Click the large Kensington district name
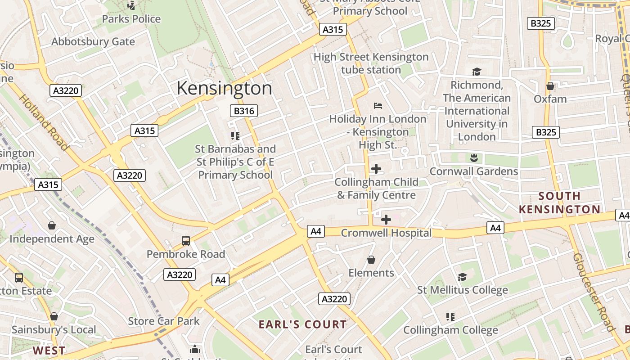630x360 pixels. coord(224,88)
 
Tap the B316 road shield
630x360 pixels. coord(243,111)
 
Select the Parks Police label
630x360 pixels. coord(131,19)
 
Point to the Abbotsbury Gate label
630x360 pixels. coord(93,42)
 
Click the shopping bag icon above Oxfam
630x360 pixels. coord(550,85)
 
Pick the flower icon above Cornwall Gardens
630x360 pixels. coord(473,158)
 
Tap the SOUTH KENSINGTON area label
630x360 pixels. coord(560,202)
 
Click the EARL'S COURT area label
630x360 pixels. coord(303,324)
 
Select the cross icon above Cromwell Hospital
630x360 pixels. coord(386,220)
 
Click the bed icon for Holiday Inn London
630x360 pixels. coord(378,106)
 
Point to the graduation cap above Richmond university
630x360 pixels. coord(477,72)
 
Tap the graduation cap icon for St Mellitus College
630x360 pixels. coord(462,277)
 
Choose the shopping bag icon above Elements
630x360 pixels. coord(371,260)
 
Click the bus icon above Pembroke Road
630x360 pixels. coord(186,241)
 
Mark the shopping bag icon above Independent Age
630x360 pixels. coord(52,225)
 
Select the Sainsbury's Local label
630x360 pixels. coord(54,330)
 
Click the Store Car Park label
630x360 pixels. coord(164,321)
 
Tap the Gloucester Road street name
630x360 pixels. coord(594,292)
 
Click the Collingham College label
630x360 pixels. coord(450,330)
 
